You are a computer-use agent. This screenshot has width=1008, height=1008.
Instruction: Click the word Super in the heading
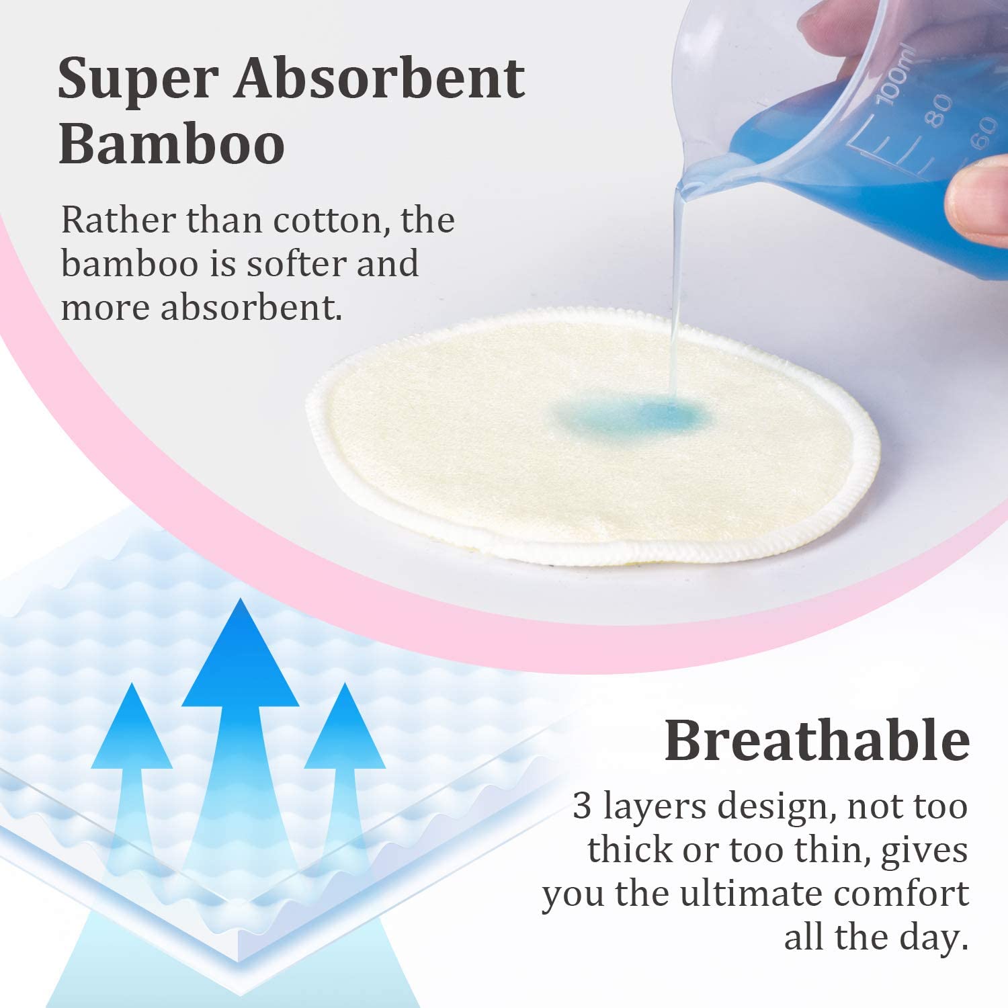pyautogui.click(x=138, y=79)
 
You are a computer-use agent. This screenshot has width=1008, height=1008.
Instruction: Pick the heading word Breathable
pyautogui.click(x=816, y=740)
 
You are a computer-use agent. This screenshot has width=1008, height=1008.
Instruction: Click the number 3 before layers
pyautogui.click(x=582, y=806)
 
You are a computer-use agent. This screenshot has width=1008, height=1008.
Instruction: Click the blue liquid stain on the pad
pyautogui.click(x=632, y=415)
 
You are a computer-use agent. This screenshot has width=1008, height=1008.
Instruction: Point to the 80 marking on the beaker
pyautogui.click(x=938, y=111)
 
